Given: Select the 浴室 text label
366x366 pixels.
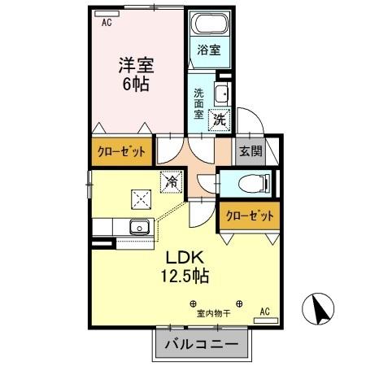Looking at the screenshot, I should [210, 50].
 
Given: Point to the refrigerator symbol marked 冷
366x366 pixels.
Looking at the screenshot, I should [171, 183].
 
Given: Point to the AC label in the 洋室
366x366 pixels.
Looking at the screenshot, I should [107, 23].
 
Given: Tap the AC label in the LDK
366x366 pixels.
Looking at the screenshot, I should [264, 312].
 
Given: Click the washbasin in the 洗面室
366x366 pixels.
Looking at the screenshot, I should [220, 91].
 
